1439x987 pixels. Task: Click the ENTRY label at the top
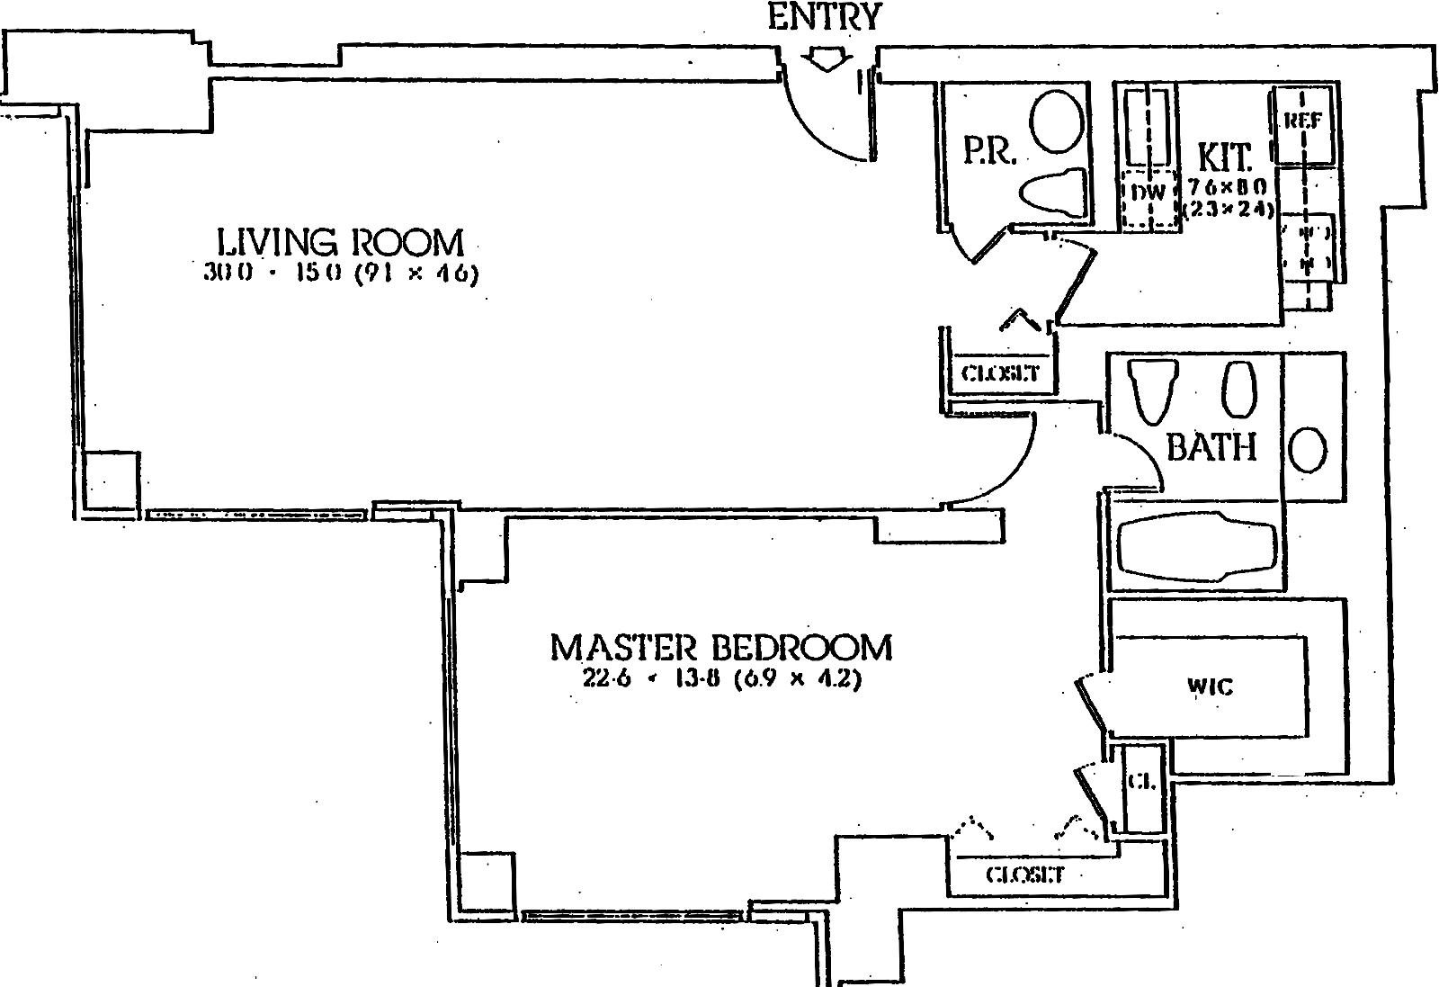click(825, 16)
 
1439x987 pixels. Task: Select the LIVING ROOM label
click(341, 243)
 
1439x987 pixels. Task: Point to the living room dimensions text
click(341, 274)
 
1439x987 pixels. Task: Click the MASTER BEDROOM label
click(721, 648)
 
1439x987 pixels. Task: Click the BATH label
click(1211, 446)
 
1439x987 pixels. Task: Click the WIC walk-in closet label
click(1210, 687)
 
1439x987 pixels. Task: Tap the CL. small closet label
click(1142, 783)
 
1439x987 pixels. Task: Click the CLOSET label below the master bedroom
click(1024, 874)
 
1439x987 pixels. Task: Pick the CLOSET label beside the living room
click(1000, 372)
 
